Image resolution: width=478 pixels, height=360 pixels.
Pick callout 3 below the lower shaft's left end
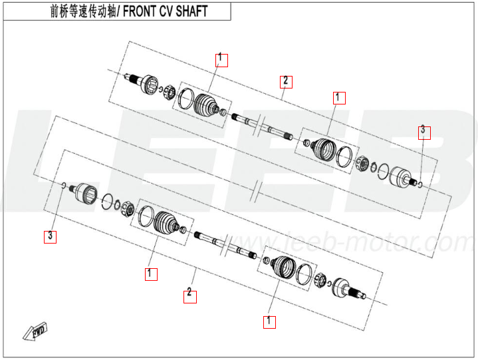point(50,236)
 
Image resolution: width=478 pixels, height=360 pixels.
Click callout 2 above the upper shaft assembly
point(285,82)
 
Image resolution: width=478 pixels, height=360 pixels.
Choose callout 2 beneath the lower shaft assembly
point(190,293)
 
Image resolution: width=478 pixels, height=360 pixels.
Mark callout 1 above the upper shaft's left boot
point(221,59)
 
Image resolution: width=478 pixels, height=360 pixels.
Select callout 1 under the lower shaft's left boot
point(151,273)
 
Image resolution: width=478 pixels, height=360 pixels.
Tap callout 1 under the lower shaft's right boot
point(269,321)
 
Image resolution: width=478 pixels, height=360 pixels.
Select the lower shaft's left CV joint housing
point(84,192)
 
